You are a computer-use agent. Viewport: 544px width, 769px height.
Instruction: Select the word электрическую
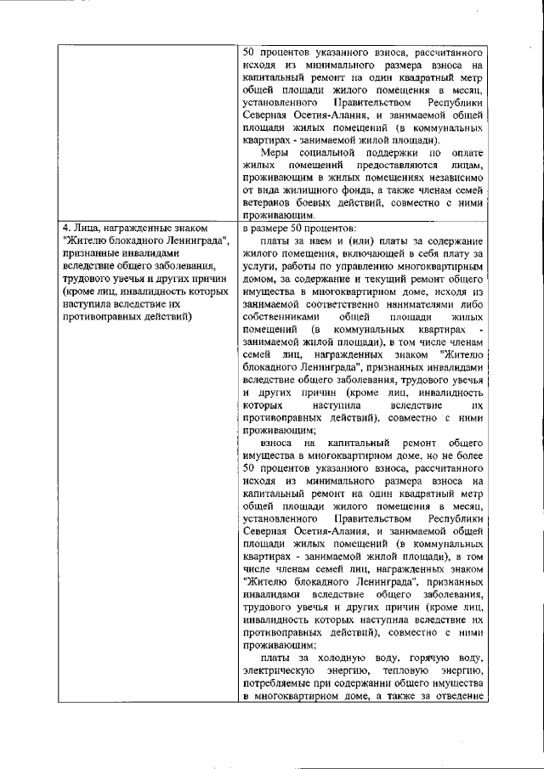[x=285, y=671]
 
